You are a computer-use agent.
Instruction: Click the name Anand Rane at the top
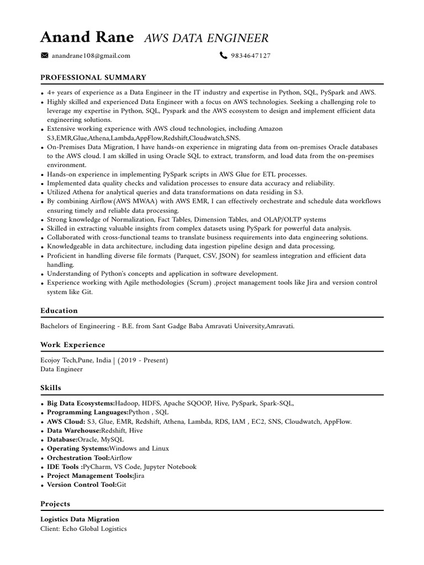tap(87, 37)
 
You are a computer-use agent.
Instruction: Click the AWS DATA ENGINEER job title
tap(206, 38)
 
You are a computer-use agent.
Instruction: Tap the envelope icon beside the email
tap(45, 55)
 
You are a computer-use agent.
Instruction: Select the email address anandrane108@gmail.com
tap(91, 56)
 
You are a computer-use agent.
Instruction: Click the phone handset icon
tap(223, 55)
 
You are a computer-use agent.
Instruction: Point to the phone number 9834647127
tap(251, 56)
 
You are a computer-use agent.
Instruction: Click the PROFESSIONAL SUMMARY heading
tap(93, 78)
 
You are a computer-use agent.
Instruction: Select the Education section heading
tap(59, 311)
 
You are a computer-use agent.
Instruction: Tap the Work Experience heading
tap(72, 345)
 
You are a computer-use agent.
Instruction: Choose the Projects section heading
tap(55, 504)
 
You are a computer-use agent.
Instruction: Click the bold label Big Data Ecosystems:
tap(81, 404)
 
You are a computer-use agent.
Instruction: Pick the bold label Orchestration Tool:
tap(78, 458)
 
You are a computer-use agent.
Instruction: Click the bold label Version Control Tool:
tap(82, 484)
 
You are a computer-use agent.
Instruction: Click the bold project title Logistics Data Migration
tap(79, 520)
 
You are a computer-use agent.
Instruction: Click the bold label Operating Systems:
tap(78, 449)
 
